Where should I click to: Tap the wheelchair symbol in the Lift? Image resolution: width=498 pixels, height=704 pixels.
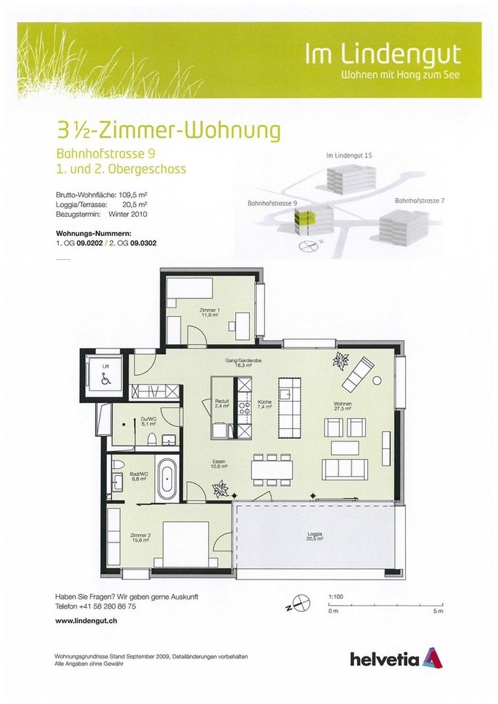point(105,377)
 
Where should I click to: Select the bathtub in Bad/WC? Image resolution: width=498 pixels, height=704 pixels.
point(166,479)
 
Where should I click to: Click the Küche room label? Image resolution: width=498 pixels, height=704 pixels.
point(264,405)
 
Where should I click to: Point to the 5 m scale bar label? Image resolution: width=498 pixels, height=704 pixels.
point(438,612)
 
